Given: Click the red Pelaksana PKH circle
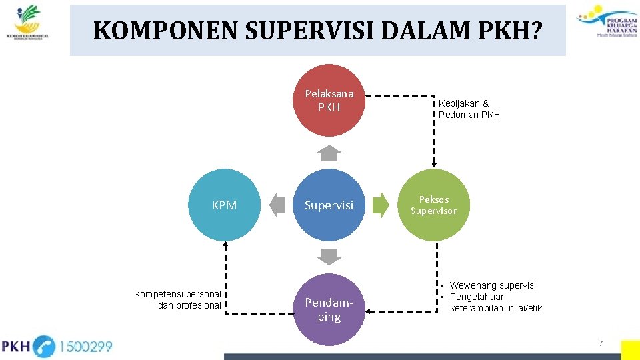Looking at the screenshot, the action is tap(329, 100).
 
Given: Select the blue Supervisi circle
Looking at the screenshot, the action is tap(329, 205).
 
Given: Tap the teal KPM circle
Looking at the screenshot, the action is tap(225, 205).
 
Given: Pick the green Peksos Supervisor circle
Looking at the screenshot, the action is tap(434, 205).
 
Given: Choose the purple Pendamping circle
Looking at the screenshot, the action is tap(329, 309).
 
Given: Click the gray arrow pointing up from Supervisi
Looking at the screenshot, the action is tap(329, 153).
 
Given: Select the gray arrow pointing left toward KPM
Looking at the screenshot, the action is tap(278, 205).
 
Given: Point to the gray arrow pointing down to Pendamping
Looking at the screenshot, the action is tap(329, 256).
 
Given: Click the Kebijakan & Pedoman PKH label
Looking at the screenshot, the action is tap(469, 109).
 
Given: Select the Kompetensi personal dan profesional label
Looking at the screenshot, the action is tap(177, 299).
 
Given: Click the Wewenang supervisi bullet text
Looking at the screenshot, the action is tap(493, 285).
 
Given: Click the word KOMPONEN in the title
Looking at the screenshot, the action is tap(138, 31).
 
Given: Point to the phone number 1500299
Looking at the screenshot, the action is tap(86, 347).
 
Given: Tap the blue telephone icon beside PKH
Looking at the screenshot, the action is tap(43, 347).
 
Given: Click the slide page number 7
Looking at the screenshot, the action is tap(601, 343).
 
